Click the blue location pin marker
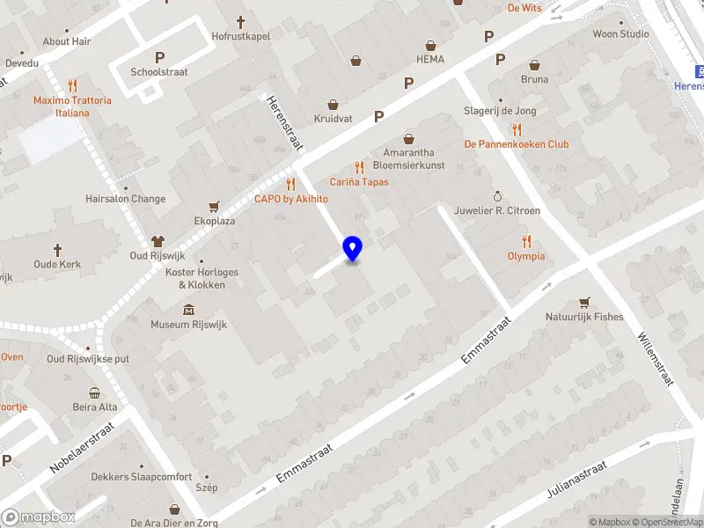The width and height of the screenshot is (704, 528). [352, 248]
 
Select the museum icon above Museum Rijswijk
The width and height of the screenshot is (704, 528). [189, 309]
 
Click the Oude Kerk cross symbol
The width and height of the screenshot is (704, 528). [58, 250]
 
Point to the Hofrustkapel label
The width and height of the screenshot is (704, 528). [240, 36]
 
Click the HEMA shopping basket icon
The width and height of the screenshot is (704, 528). [430, 45]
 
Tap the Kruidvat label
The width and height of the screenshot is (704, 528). [333, 118]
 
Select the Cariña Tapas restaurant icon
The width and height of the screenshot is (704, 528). [358, 167]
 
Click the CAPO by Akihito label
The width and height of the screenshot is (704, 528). [290, 199]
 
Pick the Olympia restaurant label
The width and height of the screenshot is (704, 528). [526, 256]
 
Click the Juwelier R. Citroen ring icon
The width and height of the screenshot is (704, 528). [497, 196]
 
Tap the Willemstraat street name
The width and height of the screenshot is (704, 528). [655, 356]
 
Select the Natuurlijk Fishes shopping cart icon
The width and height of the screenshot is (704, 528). [583, 302]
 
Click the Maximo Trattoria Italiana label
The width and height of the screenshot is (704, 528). [72, 106]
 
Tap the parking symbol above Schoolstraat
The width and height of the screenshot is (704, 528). [159, 57]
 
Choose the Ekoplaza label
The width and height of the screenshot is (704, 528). [215, 221]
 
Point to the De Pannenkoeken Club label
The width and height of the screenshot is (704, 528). [517, 144]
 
